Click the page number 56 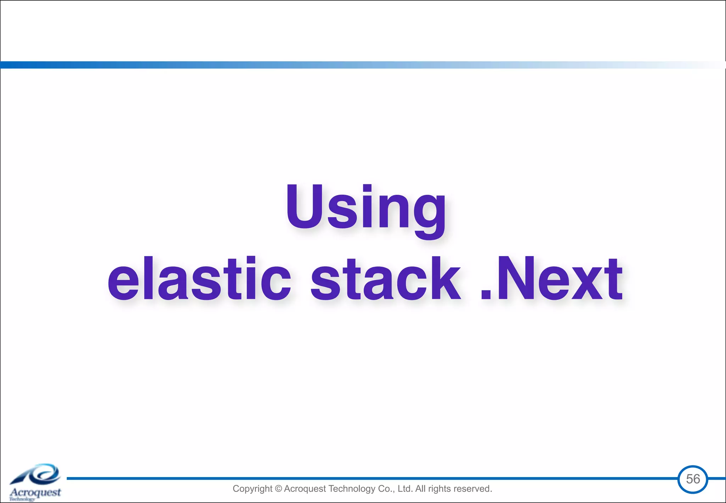pyautogui.click(x=693, y=479)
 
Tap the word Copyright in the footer pyautogui.click(x=252, y=489)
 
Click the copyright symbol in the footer pyautogui.click(x=278, y=489)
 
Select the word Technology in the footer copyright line pyautogui.click(x=352, y=489)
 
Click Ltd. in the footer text pyautogui.click(x=405, y=489)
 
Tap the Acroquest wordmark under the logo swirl pyautogui.click(x=35, y=492)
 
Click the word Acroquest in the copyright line pyautogui.click(x=305, y=489)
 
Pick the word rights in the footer pyautogui.click(x=440, y=489)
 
